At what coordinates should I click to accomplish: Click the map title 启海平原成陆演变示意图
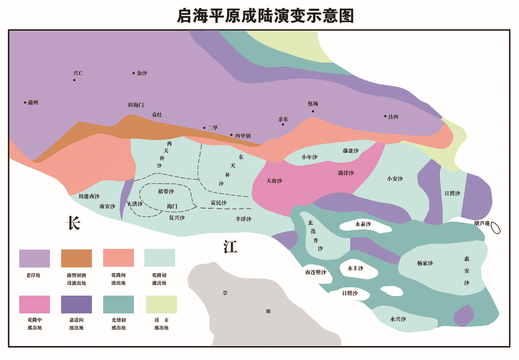[265, 15]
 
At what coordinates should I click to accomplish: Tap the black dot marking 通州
[25, 102]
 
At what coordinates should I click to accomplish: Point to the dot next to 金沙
[134, 73]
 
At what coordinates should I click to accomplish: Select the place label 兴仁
[78, 73]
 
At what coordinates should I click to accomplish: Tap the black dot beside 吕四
[385, 116]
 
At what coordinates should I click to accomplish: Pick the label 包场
[313, 103]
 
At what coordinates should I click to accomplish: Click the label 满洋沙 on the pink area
[346, 173]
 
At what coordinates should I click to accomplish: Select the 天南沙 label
[274, 181]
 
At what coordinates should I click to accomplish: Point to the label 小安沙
[395, 179]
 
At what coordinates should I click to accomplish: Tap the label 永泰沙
[363, 224]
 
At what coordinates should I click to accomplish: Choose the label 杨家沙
[425, 263]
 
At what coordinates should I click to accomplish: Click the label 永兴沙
[398, 319]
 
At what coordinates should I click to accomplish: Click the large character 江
[230, 247]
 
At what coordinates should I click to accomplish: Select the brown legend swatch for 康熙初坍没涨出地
[76, 258]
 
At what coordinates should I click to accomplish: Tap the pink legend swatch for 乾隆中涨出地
[35, 304]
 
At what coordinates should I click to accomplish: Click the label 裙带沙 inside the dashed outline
[166, 191]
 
